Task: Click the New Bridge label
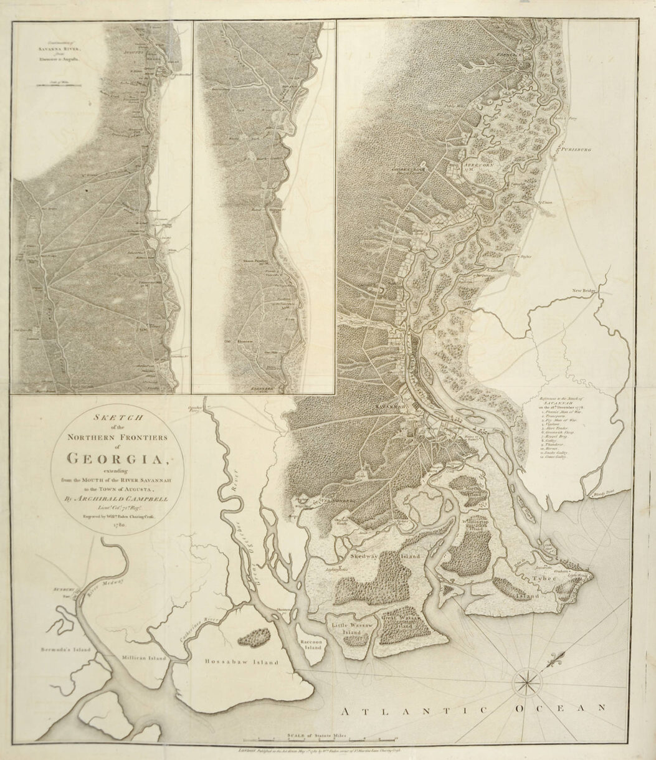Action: (x=585, y=289)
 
